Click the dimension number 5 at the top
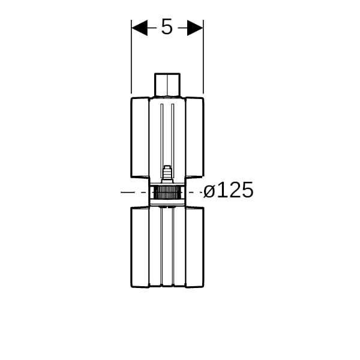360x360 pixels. (x=167, y=27)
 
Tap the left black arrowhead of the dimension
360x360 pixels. (x=140, y=28)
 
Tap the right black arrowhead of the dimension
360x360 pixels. (x=195, y=28)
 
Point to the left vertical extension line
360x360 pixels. (x=131, y=57)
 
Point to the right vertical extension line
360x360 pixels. (x=203, y=57)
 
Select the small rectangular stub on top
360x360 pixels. (x=167, y=85)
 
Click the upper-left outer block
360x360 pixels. (x=140, y=137)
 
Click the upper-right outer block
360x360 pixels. (x=194, y=137)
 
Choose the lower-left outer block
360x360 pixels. (x=140, y=247)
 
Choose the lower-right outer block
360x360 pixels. (x=194, y=247)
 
